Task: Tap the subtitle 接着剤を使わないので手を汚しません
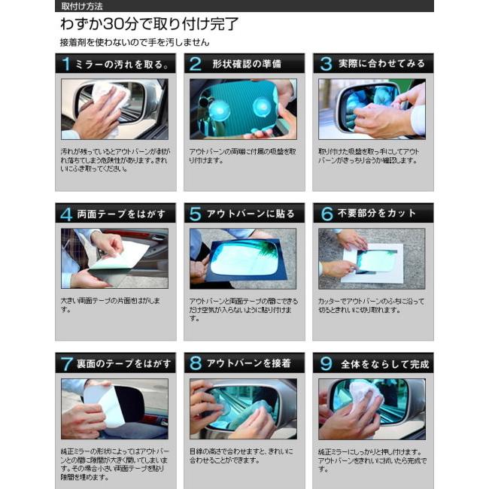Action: tap(135, 43)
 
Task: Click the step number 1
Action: tap(66, 64)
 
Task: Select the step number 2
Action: tap(196, 64)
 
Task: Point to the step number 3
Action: tap(325, 64)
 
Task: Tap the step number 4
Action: tap(66, 214)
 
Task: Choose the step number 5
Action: tap(196, 214)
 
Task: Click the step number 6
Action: tap(325, 214)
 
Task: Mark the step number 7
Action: tap(66, 363)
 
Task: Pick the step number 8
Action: tap(196, 363)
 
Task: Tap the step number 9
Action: tap(325, 363)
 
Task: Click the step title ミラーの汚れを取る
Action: tap(122, 64)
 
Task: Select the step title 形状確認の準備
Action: tap(246, 64)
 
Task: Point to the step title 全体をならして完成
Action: tap(384, 363)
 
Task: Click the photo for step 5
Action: tap(243, 258)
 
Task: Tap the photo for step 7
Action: tap(114, 409)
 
